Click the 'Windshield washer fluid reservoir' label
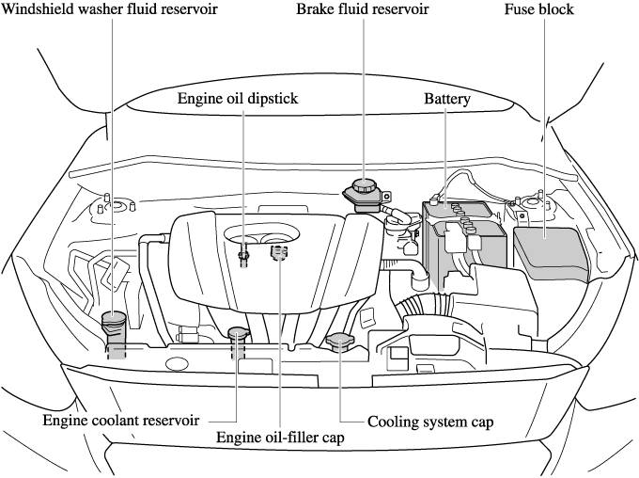click(x=110, y=9)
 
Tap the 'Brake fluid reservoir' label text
click(x=363, y=9)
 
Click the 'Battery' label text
click(x=446, y=98)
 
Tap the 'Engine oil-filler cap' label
click(x=280, y=437)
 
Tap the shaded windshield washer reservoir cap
click(x=114, y=322)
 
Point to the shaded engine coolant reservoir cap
click(x=237, y=335)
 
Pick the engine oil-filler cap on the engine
click(x=278, y=252)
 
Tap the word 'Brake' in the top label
click(x=317, y=9)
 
